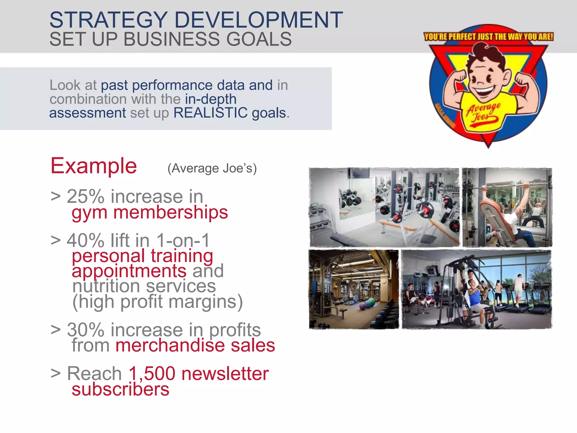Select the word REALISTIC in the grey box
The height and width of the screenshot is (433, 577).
(x=210, y=113)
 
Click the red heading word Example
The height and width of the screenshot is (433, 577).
(x=94, y=166)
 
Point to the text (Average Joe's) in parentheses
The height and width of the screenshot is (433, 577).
(x=212, y=168)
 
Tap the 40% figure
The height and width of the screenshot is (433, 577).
(x=86, y=240)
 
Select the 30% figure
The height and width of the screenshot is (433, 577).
(x=86, y=330)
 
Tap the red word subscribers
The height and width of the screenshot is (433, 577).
(x=120, y=389)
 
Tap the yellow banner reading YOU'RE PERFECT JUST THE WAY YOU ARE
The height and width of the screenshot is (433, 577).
(x=489, y=37)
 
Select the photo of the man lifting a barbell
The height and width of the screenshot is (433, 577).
(x=507, y=207)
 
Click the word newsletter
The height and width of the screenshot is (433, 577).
(x=225, y=374)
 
